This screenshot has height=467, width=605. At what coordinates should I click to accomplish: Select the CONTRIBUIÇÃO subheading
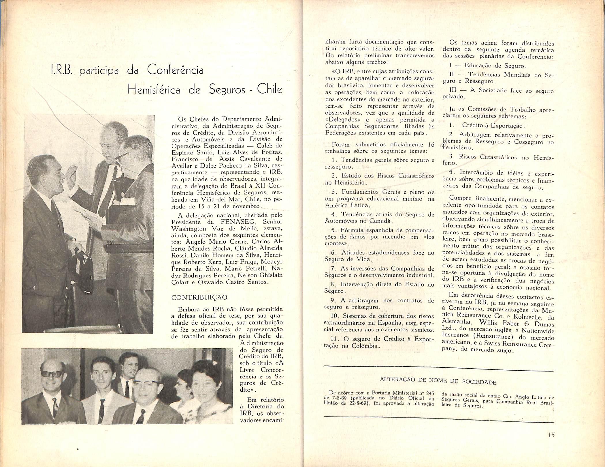coord(199,298)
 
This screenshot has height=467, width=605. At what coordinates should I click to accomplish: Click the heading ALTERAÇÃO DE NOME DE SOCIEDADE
coord(438,381)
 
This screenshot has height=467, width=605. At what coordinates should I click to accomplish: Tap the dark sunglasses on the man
coord(52,374)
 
